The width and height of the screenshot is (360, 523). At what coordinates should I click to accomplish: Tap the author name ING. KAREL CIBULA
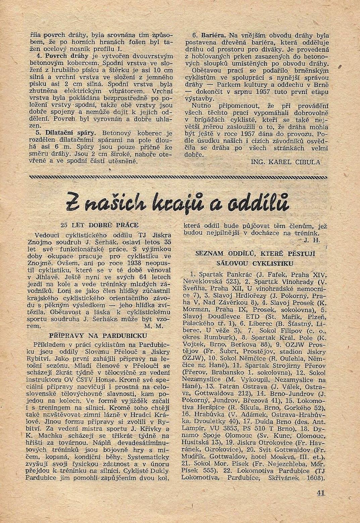286,162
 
